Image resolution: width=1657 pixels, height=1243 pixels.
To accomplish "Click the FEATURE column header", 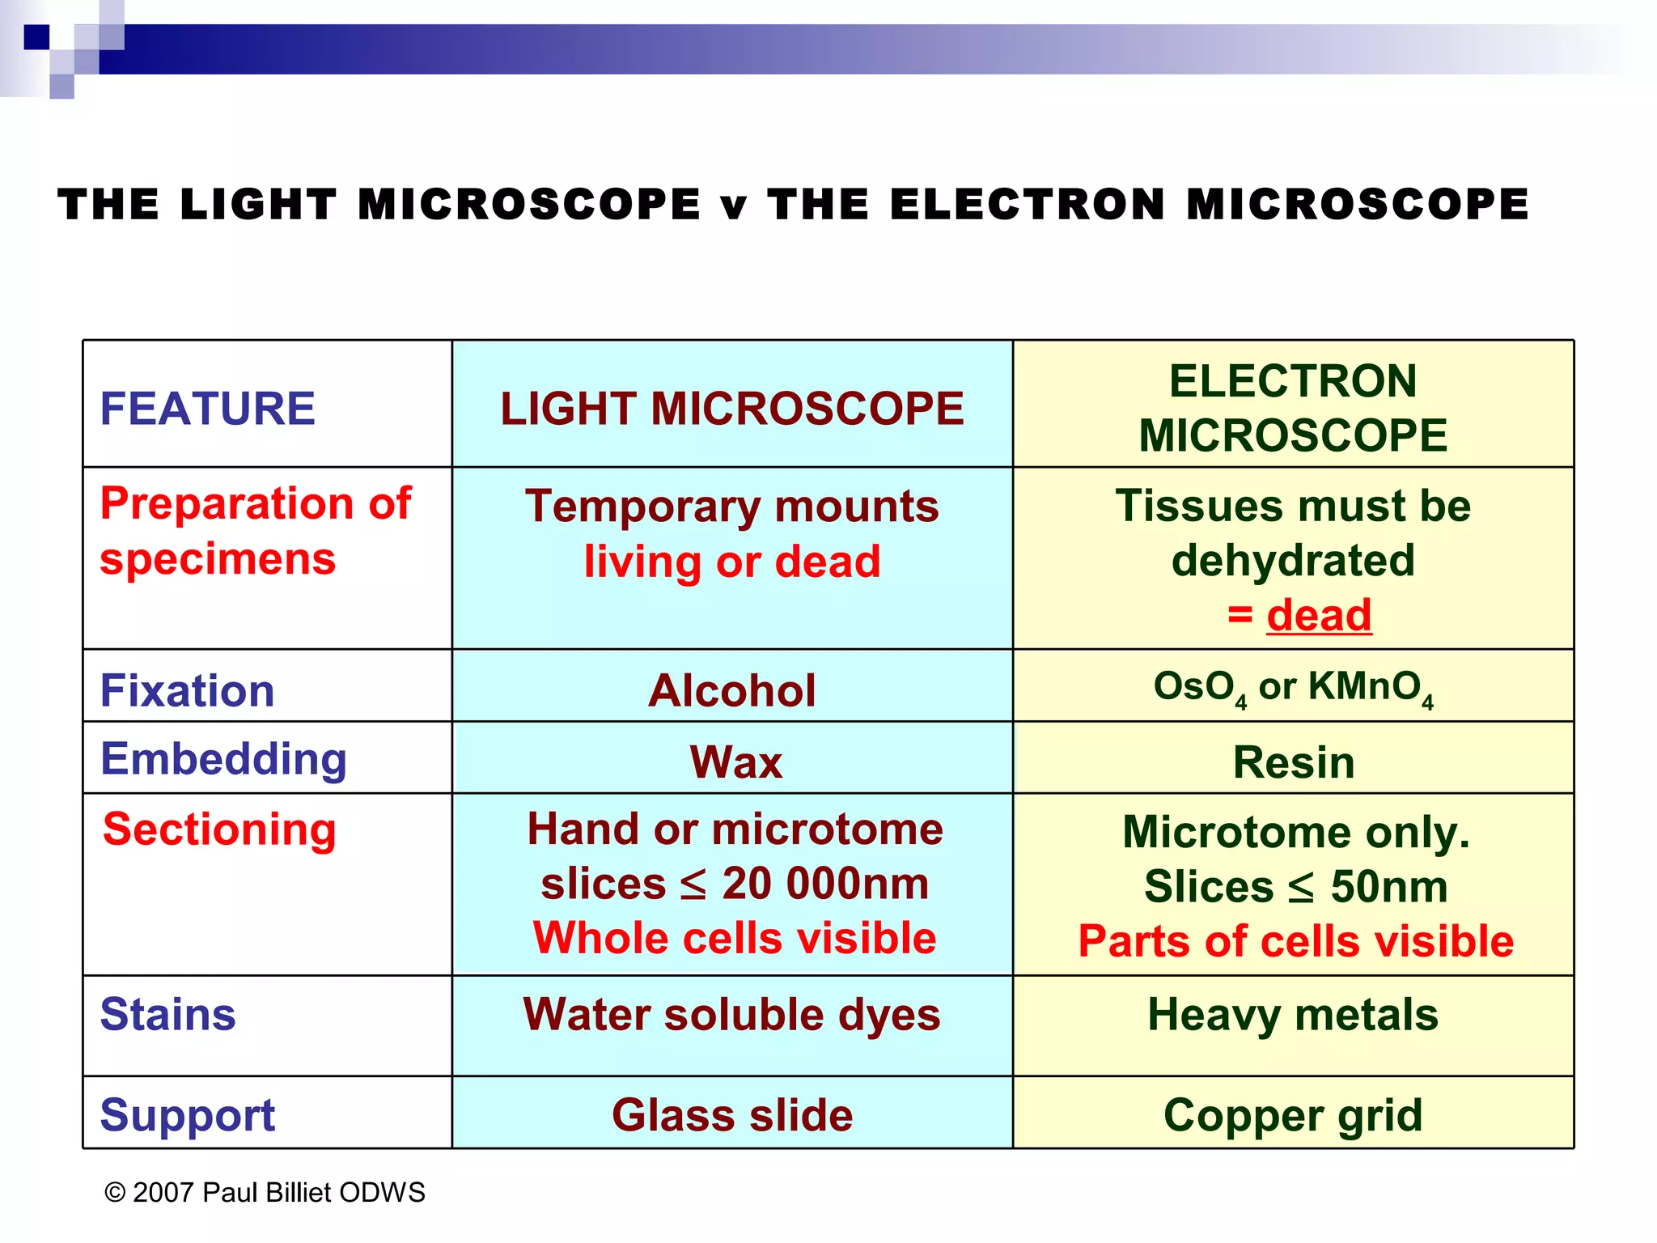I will coord(207,409).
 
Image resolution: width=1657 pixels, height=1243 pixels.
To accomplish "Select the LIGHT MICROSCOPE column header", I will coord(731,409).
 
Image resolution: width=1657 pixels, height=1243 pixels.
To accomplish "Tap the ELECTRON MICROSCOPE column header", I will coord(1293,409).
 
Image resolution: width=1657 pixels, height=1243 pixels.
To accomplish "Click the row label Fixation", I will coord(187,691).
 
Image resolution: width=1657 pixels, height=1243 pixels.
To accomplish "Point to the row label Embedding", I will coord(223,759).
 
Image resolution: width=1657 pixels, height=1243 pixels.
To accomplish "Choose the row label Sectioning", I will coord(219,829).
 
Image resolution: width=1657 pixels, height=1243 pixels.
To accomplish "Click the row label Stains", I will coord(167,1015).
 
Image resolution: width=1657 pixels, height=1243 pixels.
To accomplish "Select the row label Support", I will coord(187,1115).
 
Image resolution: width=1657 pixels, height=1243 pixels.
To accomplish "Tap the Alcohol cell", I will coord(731,691).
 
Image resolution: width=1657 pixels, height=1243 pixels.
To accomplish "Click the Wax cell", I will coord(735,762).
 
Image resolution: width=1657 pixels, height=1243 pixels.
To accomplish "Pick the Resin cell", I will coord(1293,762).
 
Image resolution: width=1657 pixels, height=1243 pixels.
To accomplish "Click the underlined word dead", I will coord(1319,616).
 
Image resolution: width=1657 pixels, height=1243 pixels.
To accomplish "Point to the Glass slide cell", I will coord(731,1115).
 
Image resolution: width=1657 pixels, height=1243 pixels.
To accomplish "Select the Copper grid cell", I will coord(1293,1115).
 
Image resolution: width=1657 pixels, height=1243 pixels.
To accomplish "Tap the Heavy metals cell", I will coord(1293,1015).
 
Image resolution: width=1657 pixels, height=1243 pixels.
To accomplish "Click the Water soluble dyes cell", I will coord(731,1015).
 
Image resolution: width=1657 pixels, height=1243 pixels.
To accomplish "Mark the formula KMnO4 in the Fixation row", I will coord(1371,688).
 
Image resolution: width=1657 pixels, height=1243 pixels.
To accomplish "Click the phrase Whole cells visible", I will coord(735,939).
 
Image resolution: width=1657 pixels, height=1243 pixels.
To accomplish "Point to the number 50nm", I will coord(1388,887).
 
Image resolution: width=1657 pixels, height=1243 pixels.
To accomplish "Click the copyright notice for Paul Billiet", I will coord(265,1193).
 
